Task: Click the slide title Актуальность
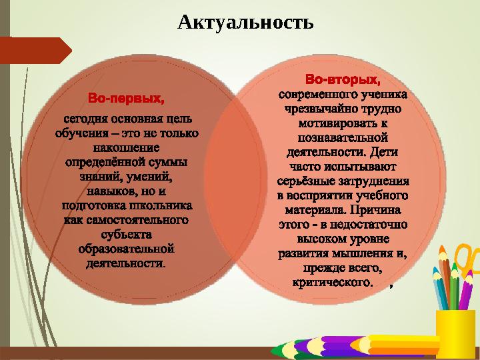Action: coord(245,23)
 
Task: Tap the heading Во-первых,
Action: coord(127,100)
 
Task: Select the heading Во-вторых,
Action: coord(343,81)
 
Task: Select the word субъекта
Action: coord(127,234)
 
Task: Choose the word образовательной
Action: coord(127,249)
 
